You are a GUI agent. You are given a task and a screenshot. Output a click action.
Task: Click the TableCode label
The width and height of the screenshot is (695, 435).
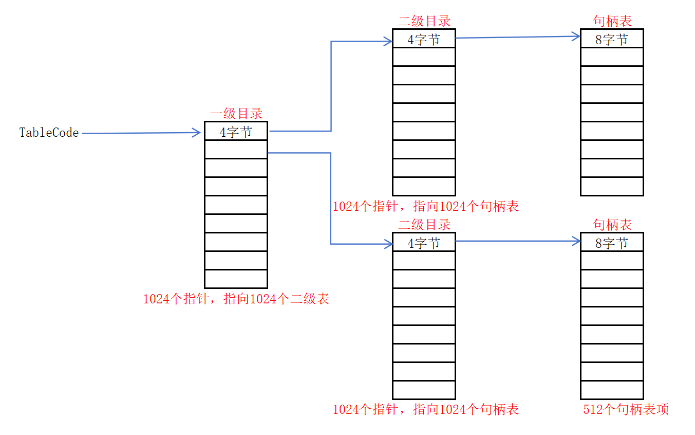coord(49,133)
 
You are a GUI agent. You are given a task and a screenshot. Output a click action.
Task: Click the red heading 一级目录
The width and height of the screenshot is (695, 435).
coord(236,114)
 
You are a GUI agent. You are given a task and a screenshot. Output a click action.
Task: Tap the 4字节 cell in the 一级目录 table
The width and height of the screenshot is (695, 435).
coord(236,131)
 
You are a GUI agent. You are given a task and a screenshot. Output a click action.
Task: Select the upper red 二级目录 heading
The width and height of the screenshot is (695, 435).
coord(424,21)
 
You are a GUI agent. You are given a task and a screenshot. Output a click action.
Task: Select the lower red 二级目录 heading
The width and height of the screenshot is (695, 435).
coord(424,225)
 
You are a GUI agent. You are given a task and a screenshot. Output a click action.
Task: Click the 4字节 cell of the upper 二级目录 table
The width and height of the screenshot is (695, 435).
coord(424,39)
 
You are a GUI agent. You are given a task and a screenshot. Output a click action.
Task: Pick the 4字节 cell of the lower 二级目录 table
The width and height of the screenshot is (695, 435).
coord(424,242)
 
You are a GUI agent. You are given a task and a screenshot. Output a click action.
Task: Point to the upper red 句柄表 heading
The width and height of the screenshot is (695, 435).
coord(612,21)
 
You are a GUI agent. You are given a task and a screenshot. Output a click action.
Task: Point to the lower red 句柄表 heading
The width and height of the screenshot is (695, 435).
coord(612,225)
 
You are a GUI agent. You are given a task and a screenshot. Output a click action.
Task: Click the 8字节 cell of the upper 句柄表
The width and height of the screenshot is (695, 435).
coord(612,39)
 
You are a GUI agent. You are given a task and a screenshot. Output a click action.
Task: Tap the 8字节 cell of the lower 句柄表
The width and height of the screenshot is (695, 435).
coord(612,242)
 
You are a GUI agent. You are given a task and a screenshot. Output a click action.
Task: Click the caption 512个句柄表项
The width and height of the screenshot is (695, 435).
coord(626,410)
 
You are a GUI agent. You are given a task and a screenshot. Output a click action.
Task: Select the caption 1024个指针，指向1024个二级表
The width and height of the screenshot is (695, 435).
coord(236,299)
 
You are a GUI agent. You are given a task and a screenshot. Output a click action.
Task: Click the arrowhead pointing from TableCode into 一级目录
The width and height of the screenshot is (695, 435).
coord(197,133)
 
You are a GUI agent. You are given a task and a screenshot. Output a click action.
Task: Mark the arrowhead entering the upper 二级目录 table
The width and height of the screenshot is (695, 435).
coord(388,42)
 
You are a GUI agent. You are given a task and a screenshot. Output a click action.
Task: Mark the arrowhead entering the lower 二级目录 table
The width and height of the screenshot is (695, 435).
coord(388,244)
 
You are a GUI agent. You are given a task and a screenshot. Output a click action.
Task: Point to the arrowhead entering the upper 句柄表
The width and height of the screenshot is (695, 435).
coord(576,37)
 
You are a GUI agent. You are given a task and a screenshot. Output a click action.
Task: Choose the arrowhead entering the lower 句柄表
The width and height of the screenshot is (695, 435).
coord(576,241)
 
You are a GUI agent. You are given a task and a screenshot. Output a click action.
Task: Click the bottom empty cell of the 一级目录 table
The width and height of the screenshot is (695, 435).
coord(236,279)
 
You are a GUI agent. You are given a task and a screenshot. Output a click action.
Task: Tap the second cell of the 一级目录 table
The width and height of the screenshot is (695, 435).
coord(236,149)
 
